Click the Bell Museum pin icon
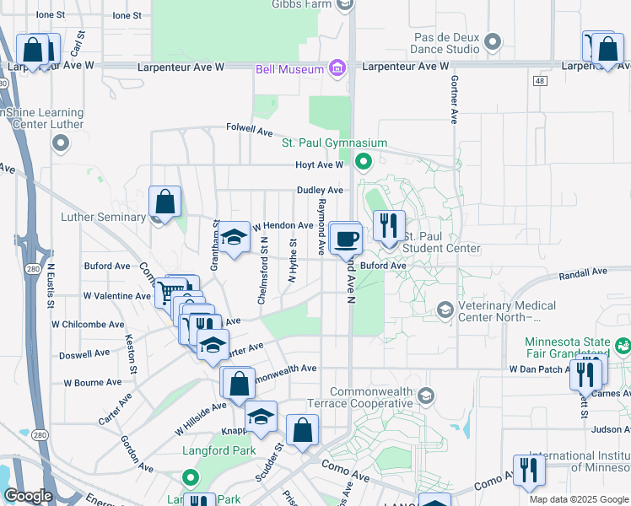tap(337, 67)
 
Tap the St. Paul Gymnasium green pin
tap(364, 160)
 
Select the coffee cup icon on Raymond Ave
tap(344, 240)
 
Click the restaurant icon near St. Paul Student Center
tap(389, 226)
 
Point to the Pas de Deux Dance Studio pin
tap(494, 41)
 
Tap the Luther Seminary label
tap(104, 217)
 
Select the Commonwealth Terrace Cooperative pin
tap(427, 396)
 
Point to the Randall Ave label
tap(583, 273)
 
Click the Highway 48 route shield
tap(540, 80)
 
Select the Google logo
tap(28, 496)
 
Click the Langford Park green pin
tap(191, 481)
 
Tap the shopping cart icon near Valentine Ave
tap(167, 293)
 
